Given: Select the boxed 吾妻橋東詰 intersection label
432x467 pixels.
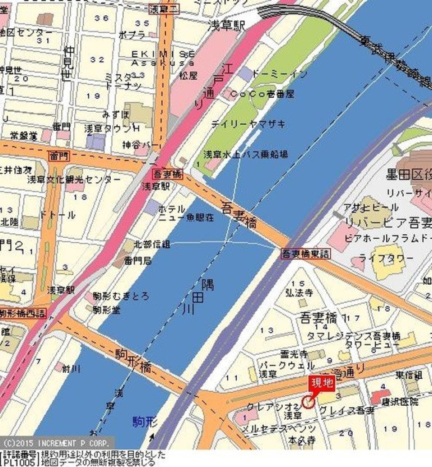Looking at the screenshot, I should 305,254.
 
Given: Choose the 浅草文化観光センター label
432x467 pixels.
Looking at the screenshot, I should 74,180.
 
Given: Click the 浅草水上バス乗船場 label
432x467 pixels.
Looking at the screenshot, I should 246,154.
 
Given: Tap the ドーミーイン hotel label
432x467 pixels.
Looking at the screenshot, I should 279,73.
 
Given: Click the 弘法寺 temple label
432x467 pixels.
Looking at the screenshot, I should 299,292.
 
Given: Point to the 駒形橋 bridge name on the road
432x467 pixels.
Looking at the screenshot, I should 134,361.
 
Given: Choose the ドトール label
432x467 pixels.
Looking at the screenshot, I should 58,215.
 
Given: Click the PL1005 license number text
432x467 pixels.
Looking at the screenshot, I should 18,462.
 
